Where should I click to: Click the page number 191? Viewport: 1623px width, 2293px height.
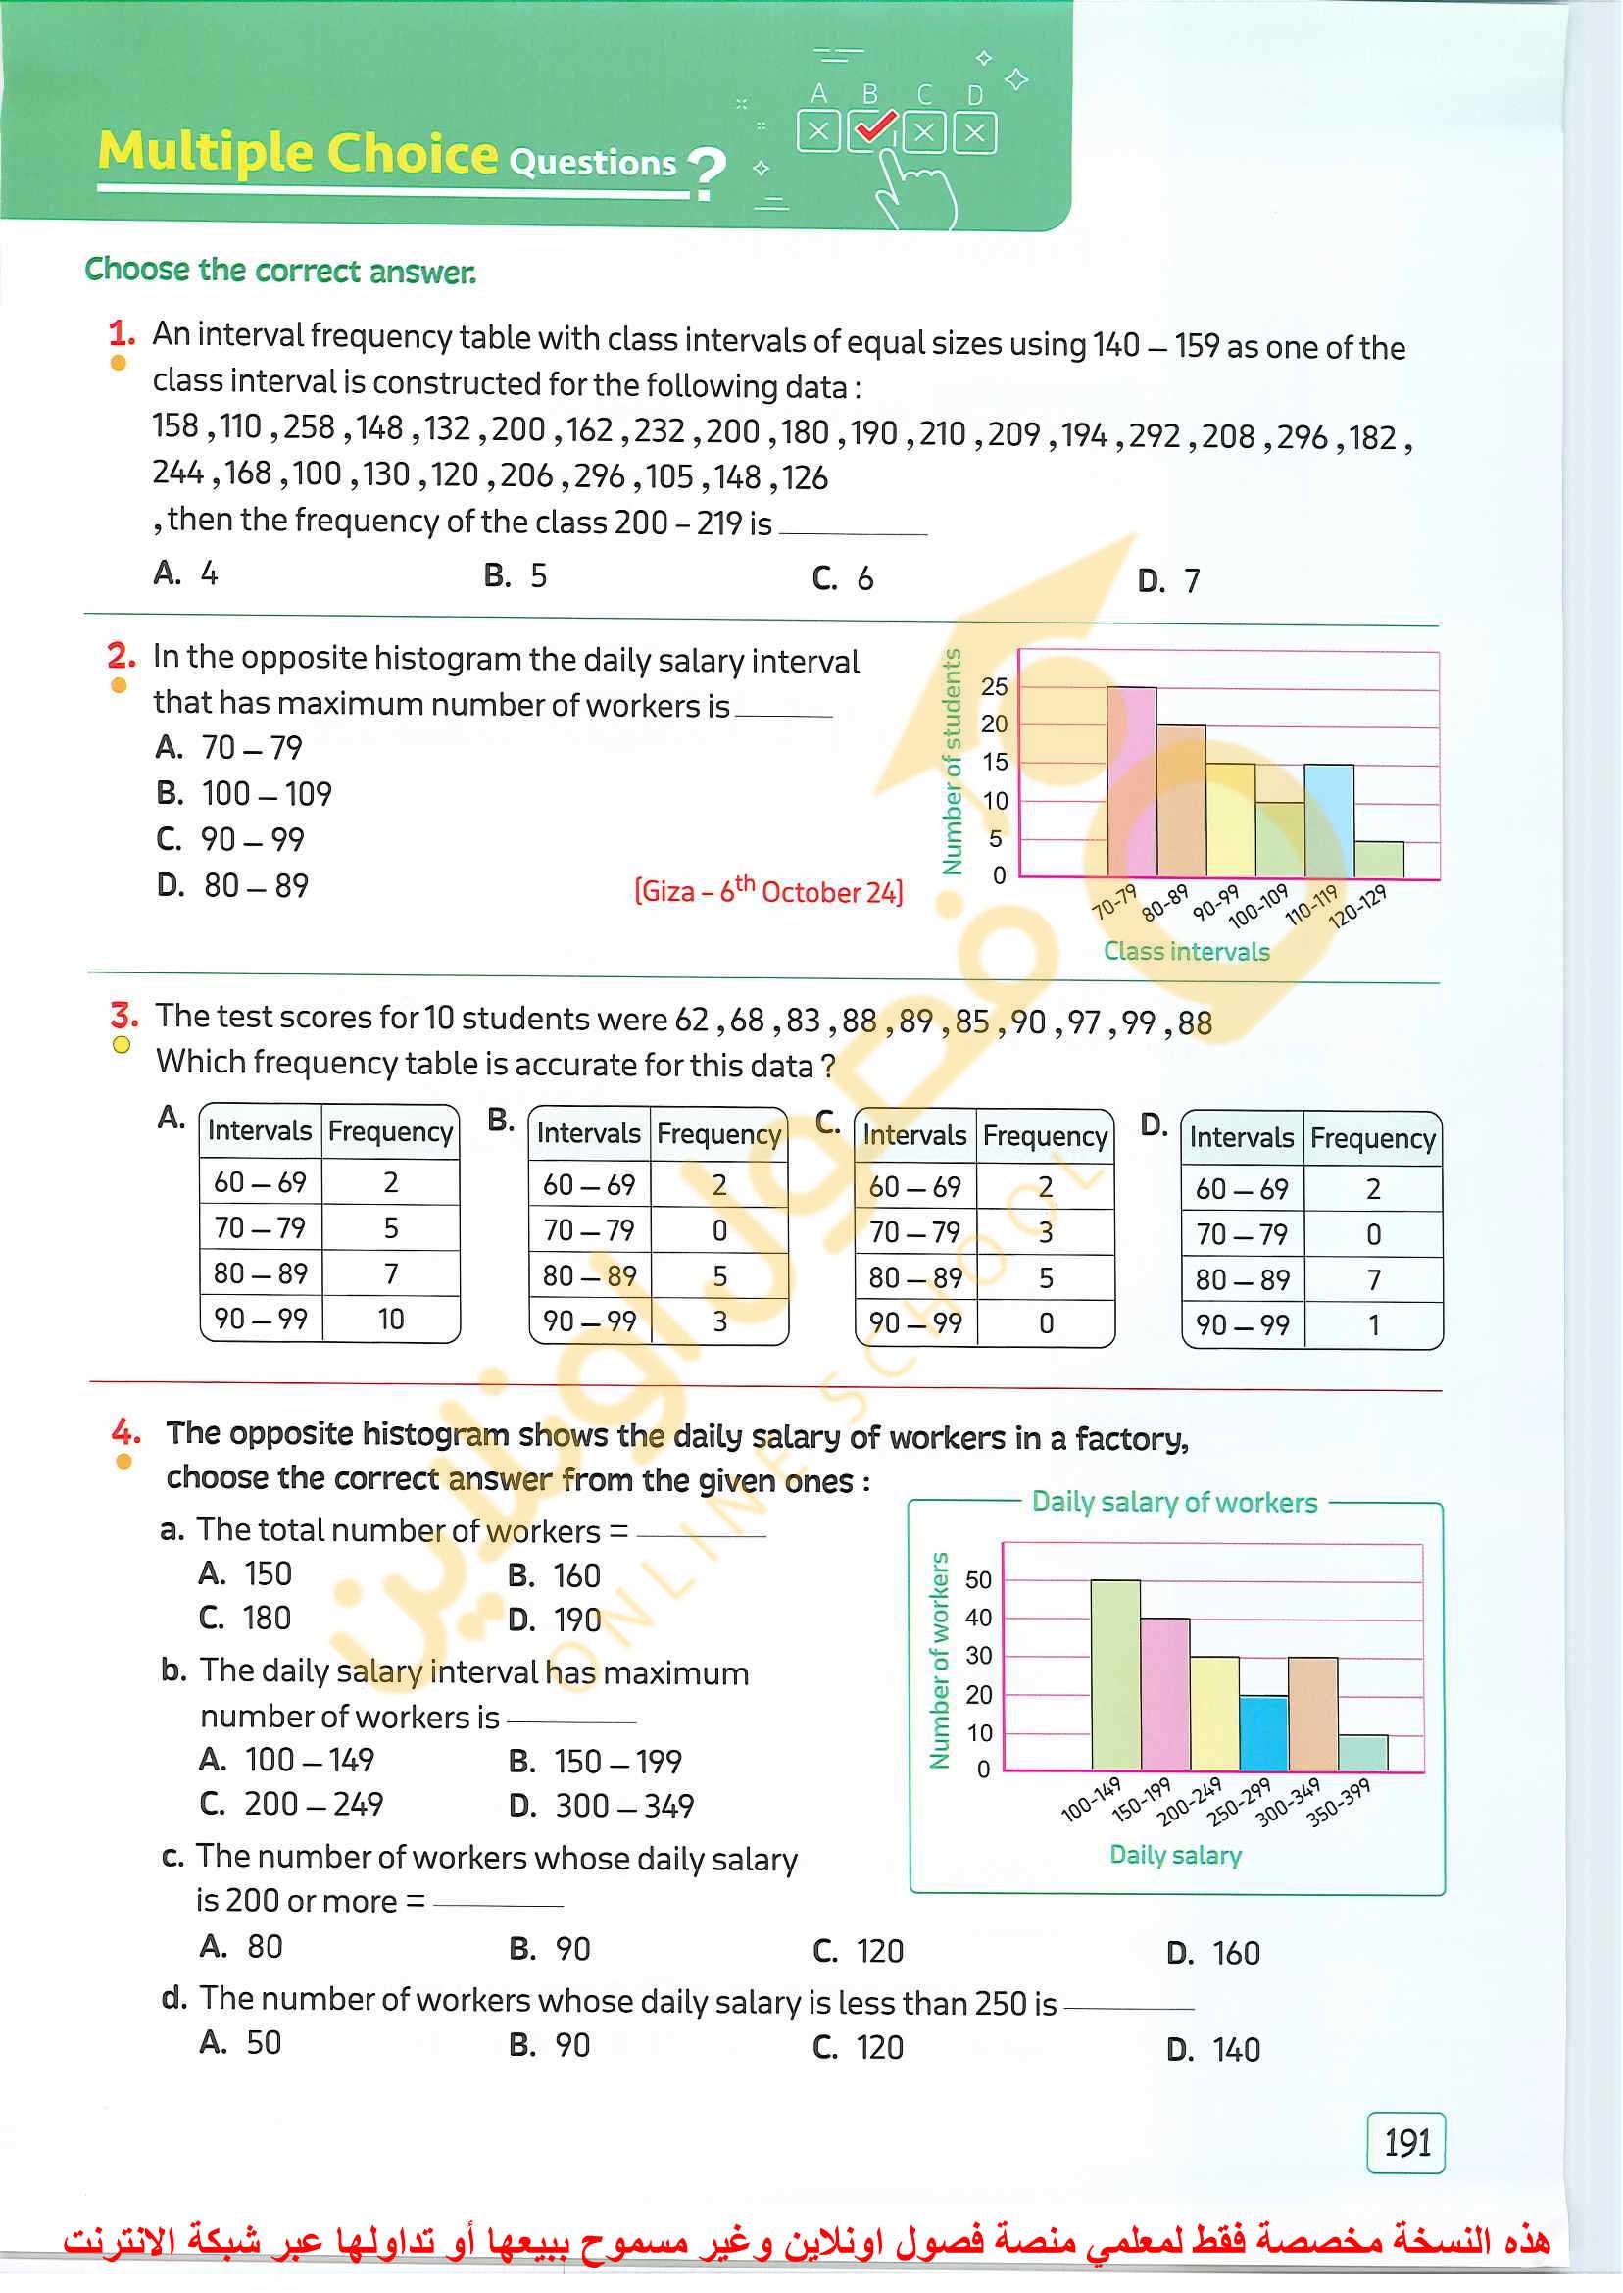1405,2142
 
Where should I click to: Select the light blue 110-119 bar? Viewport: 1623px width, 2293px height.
1328,821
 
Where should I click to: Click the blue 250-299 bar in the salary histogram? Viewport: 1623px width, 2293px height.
1263,1733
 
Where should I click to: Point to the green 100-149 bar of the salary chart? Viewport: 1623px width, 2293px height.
1115,1674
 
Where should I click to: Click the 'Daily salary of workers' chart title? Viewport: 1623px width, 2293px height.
1174,1501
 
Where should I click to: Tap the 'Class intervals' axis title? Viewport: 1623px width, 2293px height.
1186,951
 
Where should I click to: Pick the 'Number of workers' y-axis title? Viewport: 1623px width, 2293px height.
939,1661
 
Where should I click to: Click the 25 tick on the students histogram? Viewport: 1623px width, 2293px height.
995,686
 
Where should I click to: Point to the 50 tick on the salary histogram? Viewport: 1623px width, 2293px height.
978,1580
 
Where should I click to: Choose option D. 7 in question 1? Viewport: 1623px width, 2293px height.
1168,579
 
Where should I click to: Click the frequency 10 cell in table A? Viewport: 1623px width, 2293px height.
391,1319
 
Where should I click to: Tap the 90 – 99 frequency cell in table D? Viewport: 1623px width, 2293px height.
1373,1324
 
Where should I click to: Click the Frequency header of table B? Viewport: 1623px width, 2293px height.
718,1133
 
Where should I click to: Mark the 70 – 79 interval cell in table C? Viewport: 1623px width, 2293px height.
915,1231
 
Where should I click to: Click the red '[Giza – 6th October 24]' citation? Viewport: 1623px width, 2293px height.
768,889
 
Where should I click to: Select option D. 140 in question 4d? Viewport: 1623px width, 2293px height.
1213,2049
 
